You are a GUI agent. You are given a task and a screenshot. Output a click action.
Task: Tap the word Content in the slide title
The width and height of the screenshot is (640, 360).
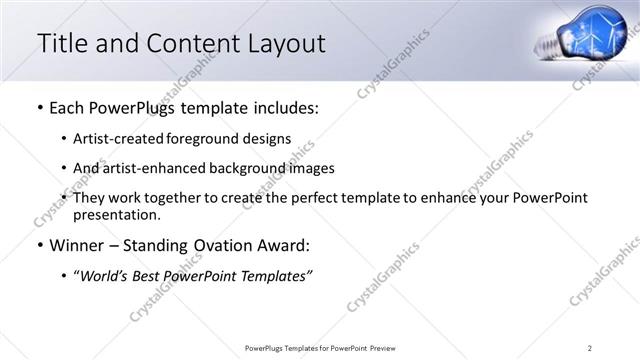click(x=189, y=43)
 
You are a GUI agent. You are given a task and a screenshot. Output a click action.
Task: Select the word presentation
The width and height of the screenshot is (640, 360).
click(x=115, y=214)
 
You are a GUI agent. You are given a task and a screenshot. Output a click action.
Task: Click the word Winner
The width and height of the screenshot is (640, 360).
click(x=77, y=245)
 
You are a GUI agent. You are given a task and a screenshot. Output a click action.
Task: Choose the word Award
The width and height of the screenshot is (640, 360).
click(x=284, y=245)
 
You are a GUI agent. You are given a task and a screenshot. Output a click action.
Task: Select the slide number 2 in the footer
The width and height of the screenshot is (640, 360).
click(x=590, y=347)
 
